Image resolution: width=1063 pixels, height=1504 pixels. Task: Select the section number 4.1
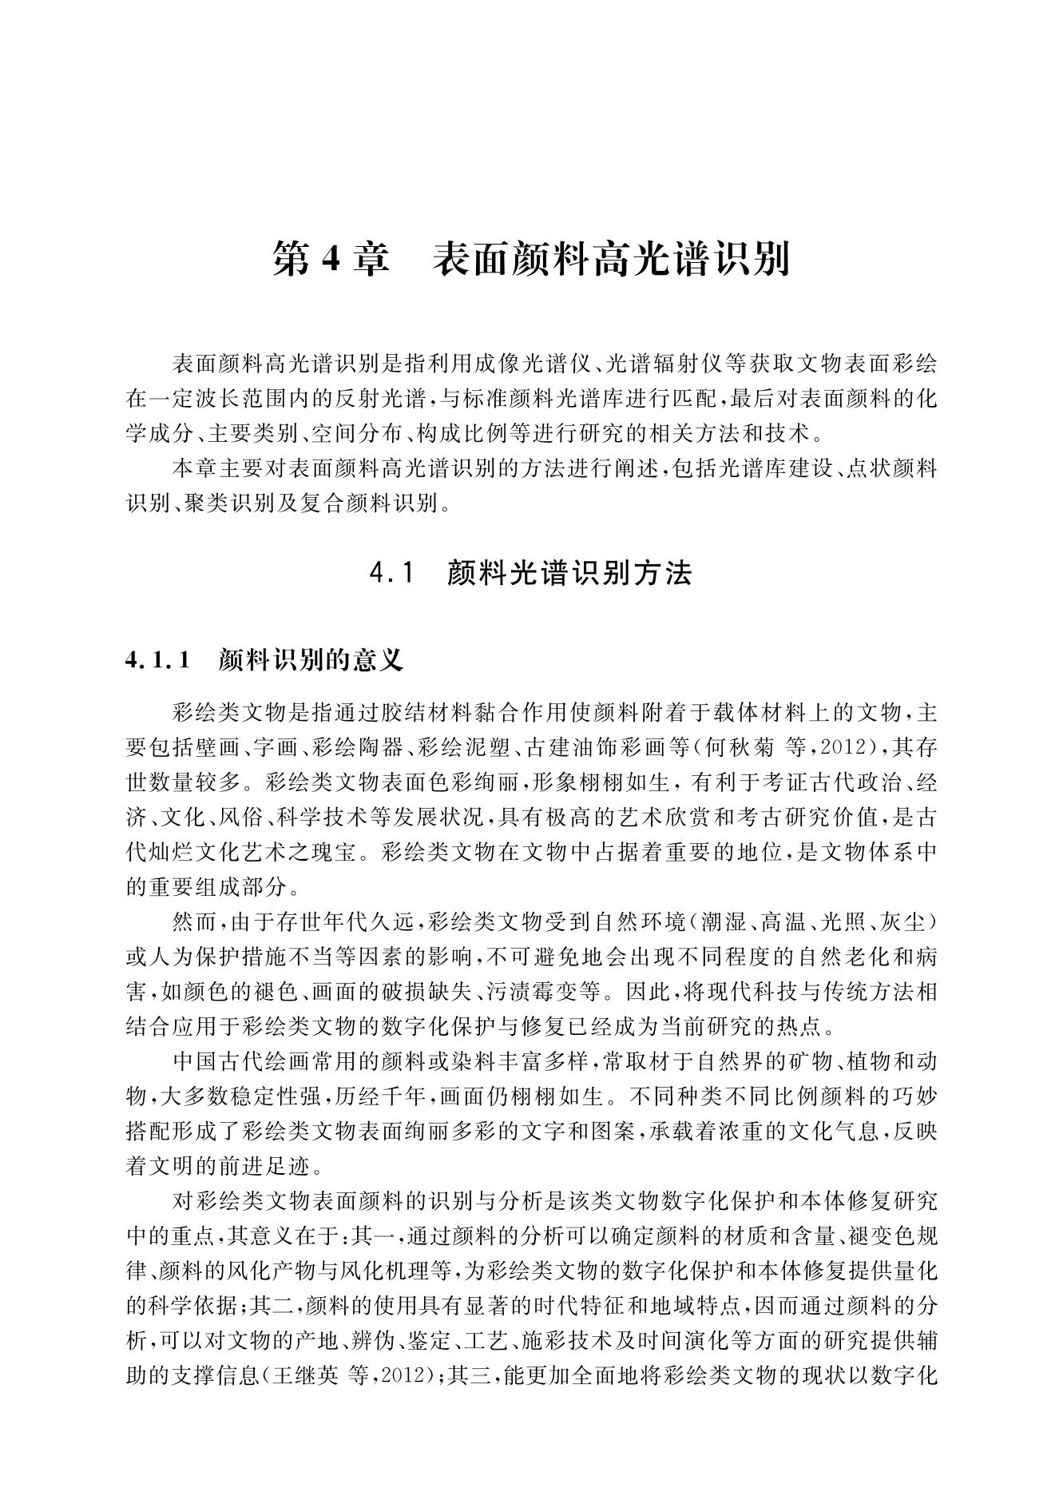click(395, 573)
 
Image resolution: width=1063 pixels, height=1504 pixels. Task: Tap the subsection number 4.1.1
click(160, 660)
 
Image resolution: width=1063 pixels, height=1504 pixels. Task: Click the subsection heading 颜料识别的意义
click(311, 660)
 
